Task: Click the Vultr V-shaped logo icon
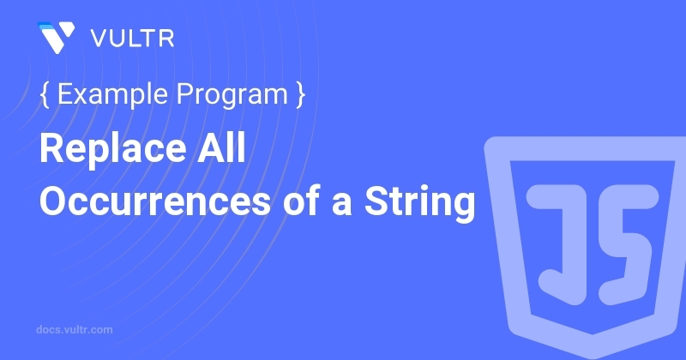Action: click(57, 37)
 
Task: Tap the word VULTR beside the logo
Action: click(133, 39)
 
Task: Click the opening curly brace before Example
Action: click(45, 94)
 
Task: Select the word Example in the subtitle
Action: click(112, 94)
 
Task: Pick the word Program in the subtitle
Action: click(232, 95)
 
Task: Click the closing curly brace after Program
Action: click(301, 94)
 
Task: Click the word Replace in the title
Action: click(113, 149)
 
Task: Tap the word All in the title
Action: click(221, 147)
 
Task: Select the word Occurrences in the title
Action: click(155, 201)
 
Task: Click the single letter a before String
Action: click(341, 205)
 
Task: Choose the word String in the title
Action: click(420, 202)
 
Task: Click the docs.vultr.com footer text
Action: click(75, 329)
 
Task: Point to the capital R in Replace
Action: click(53, 147)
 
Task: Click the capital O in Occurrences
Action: click(54, 201)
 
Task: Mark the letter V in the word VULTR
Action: click(100, 39)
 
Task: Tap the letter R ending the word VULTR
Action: click(166, 39)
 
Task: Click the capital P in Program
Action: click(186, 93)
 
